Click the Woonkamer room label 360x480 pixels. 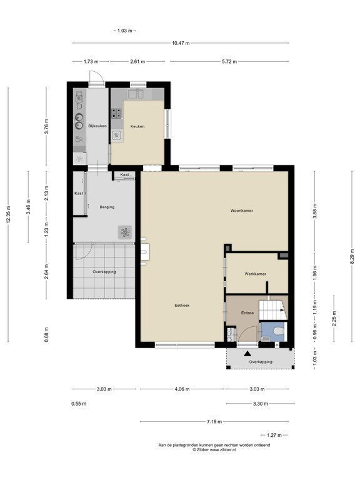241,211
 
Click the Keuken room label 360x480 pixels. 137,126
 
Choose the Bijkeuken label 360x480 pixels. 97,126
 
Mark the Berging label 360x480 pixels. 106,207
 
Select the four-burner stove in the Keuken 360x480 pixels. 117,113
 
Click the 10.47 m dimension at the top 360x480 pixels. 181,43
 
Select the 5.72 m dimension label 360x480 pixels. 229,62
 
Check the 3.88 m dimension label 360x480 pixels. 315,212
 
